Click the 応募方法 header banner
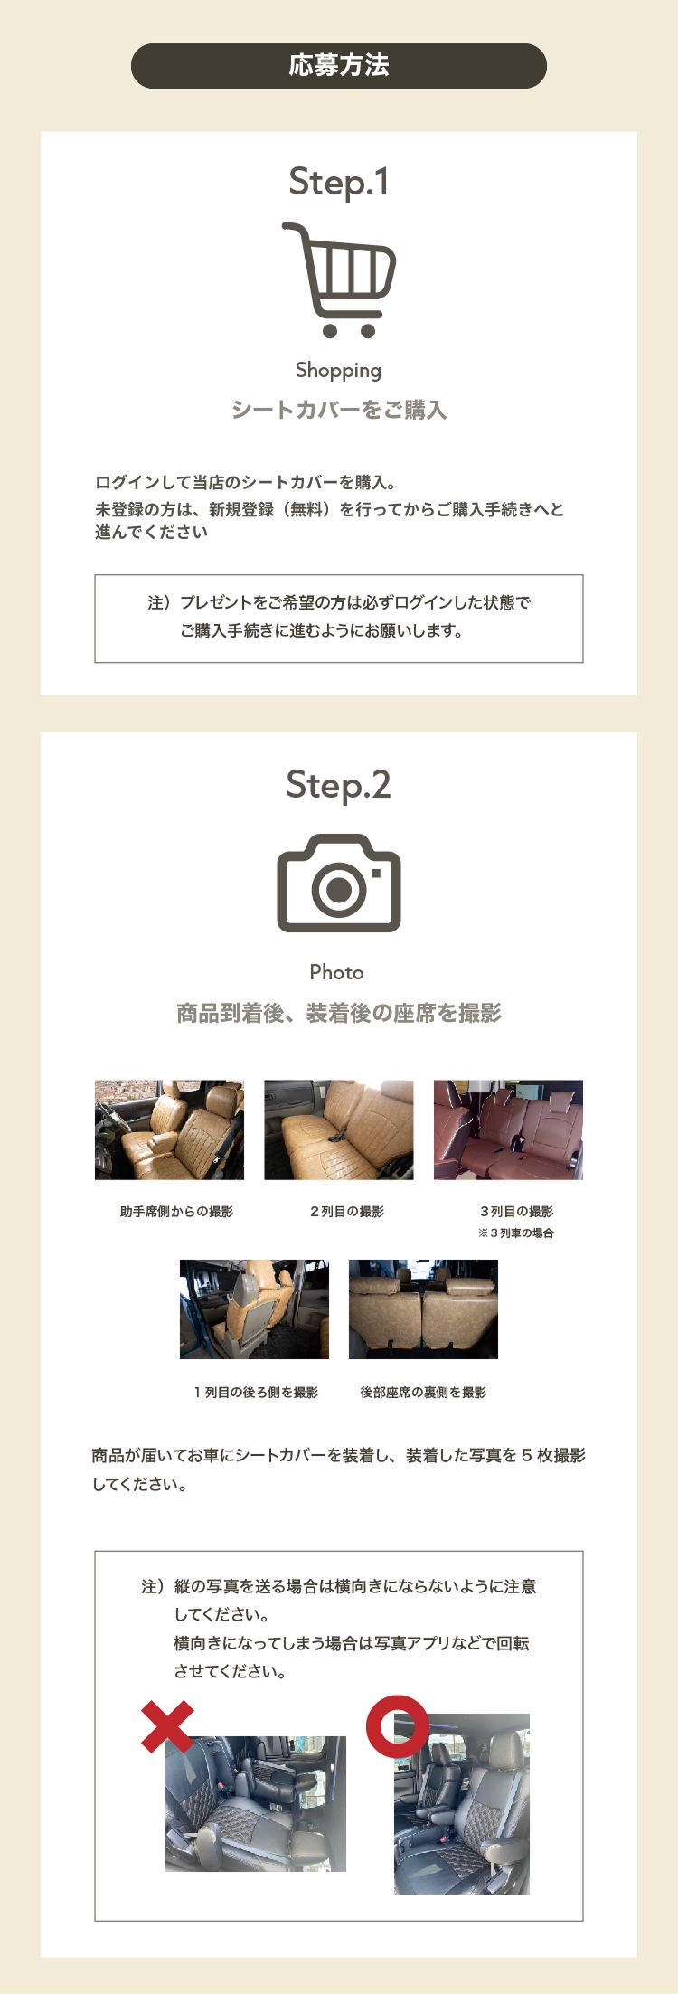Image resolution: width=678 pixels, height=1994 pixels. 339,66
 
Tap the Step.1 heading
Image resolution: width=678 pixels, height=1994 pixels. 339,182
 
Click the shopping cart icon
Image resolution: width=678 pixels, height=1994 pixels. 340,279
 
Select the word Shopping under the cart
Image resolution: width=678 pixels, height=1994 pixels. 339,370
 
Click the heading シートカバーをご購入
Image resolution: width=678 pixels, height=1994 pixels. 339,410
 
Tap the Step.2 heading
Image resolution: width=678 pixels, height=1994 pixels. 339,784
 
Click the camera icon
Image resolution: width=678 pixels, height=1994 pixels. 339,883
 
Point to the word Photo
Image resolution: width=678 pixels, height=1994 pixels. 336,972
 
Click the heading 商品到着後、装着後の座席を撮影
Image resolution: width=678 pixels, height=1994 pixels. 339,1013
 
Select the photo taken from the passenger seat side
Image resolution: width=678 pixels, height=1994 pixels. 169,1129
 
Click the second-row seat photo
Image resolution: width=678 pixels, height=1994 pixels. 339,1129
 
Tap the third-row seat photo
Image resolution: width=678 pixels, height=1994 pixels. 508,1129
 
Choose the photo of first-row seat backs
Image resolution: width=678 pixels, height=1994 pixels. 254,1309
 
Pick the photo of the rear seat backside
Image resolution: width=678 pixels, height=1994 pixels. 423,1309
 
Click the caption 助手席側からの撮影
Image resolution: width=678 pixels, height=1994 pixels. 176,1212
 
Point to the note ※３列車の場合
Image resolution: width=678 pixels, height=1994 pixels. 515,1233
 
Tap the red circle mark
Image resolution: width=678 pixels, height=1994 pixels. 398,1725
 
